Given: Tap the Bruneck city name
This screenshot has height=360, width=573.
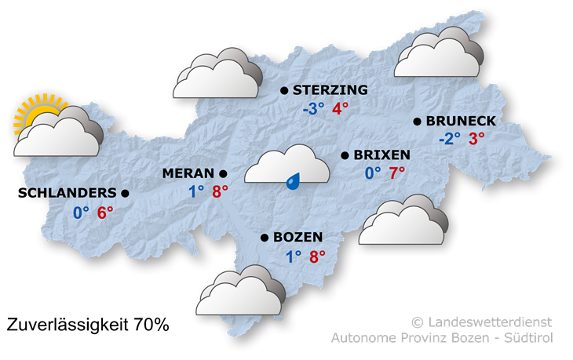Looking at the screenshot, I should [461, 122].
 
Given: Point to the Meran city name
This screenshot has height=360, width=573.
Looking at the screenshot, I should [188, 173].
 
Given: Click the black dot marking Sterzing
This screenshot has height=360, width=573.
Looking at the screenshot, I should [284, 91].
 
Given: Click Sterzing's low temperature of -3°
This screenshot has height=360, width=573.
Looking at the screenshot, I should [313, 109].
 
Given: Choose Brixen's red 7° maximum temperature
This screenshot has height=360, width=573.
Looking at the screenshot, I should [397, 173].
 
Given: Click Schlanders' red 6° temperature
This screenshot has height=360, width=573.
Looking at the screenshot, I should [105, 213].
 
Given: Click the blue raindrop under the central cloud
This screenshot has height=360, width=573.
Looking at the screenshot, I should [294, 181].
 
